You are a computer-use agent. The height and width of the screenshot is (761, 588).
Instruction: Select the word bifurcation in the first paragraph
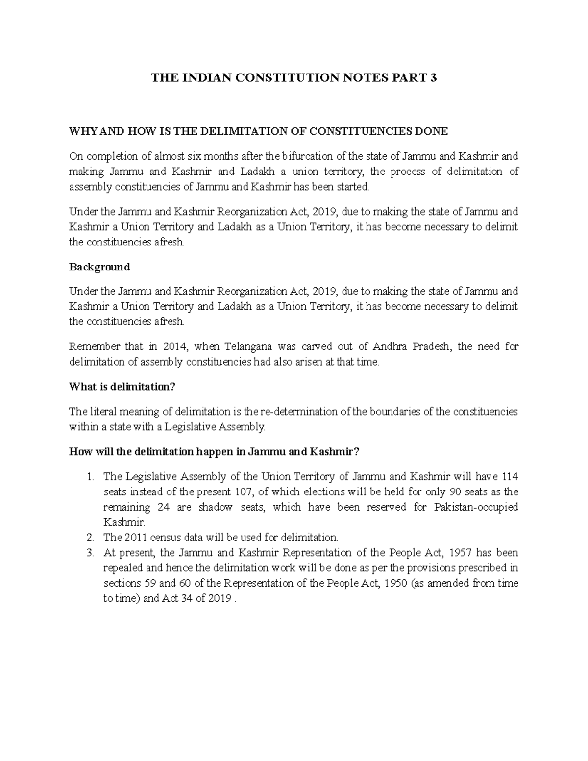[305, 156]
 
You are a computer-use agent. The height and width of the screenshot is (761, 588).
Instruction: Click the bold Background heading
[99, 267]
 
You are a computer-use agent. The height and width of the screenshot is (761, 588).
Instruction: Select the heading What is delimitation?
[122, 387]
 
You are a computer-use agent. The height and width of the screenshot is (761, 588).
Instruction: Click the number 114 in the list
[510, 476]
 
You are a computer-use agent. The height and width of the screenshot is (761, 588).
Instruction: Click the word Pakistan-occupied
[476, 507]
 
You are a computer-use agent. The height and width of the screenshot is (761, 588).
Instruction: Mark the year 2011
[133, 537]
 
